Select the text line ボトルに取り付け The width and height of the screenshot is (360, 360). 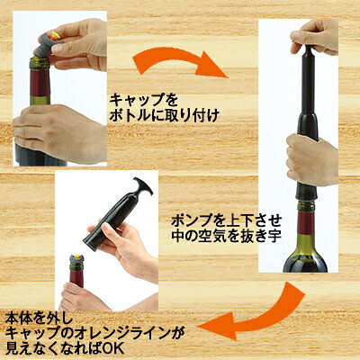point(164,117)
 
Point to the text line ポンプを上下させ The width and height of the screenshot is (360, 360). point(226,221)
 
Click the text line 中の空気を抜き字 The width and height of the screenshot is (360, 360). point(226,237)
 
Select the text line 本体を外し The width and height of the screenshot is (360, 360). point(38,319)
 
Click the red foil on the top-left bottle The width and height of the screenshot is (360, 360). point(40,83)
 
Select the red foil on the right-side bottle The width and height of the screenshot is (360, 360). point(305,223)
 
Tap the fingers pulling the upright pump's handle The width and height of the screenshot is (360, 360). point(314,37)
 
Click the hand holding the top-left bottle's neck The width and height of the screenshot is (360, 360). point(58,133)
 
